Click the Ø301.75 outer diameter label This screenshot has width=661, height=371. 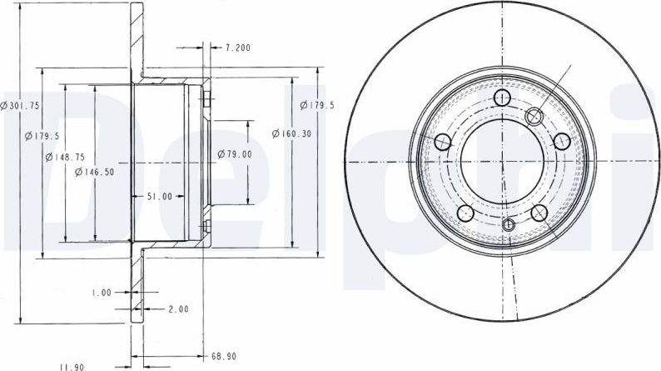20,106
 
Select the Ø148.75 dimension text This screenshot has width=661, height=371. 65,158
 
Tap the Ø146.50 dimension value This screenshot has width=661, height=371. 94,172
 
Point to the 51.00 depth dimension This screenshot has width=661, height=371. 159,196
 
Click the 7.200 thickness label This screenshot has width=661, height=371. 237,48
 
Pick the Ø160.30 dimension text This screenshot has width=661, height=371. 291,133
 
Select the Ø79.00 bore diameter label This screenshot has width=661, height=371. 235,154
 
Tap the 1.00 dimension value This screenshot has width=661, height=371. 102,293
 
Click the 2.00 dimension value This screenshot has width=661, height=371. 179,309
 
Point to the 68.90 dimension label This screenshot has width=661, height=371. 223,357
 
